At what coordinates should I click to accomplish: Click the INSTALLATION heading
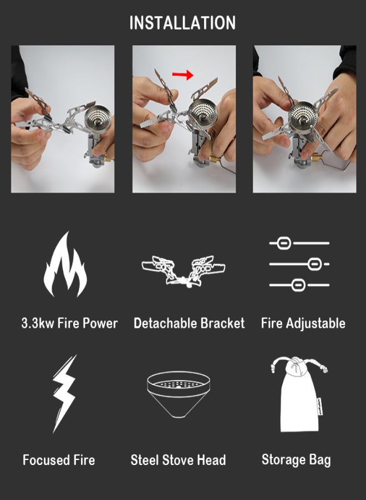click(182, 23)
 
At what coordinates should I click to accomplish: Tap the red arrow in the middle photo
click(182, 73)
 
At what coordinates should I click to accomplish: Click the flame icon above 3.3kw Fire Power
click(65, 264)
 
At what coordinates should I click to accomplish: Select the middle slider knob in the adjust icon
click(314, 264)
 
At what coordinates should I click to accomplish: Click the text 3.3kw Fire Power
click(69, 323)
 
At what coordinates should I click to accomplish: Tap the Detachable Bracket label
click(189, 323)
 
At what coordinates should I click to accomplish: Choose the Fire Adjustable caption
click(303, 323)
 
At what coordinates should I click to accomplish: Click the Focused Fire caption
click(59, 460)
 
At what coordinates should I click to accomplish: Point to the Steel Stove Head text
click(178, 460)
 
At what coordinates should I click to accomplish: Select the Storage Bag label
click(296, 460)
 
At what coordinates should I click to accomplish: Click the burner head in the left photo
click(97, 119)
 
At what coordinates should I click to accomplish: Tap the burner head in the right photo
click(303, 116)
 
